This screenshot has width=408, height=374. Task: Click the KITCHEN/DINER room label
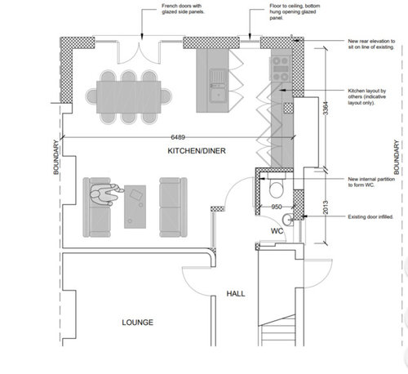(196, 153)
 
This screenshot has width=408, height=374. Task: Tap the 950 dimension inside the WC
(277, 207)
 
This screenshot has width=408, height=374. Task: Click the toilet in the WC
(275, 188)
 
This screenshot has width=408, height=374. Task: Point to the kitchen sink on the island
(217, 88)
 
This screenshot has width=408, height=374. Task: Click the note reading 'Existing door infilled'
(372, 218)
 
